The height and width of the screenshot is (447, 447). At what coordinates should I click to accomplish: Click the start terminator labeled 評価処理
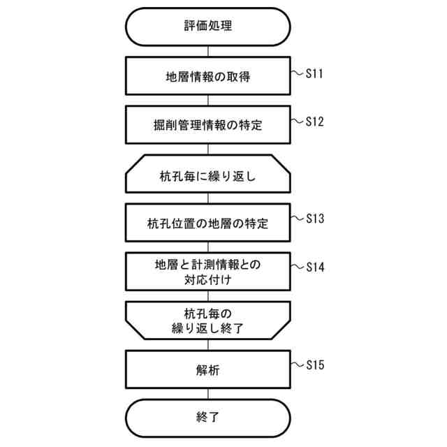click(x=207, y=27)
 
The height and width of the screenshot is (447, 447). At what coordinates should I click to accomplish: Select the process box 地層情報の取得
click(x=207, y=75)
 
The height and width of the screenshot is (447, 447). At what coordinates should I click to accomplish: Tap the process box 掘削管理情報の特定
click(x=207, y=124)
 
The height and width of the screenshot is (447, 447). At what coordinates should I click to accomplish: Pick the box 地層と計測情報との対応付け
click(x=207, y=271)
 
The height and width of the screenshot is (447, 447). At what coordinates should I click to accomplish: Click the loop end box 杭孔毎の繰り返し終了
click(x=207, y=320)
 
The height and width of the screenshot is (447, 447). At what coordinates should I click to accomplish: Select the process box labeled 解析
click(x=207, y=370)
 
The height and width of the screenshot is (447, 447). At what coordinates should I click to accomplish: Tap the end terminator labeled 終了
click(x=207, y=418)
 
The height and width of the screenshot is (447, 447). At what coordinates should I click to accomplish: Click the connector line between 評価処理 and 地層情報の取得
click(x=207, y=51)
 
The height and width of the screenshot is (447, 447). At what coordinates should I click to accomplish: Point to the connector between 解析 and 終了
click(x=207, y=395)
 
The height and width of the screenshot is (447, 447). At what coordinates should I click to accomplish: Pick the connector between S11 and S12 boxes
click(x=207, y=100)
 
